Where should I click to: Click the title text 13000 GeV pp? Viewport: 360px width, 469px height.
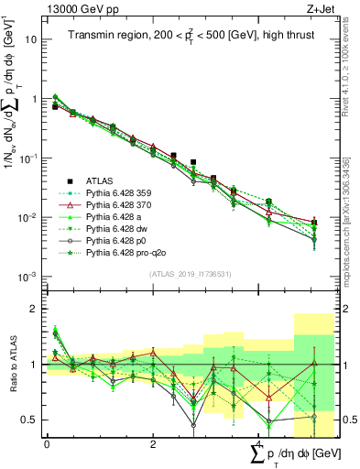77,7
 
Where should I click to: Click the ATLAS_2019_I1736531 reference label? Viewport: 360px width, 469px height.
184,274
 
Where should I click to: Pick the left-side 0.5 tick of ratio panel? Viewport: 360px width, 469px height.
29,420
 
